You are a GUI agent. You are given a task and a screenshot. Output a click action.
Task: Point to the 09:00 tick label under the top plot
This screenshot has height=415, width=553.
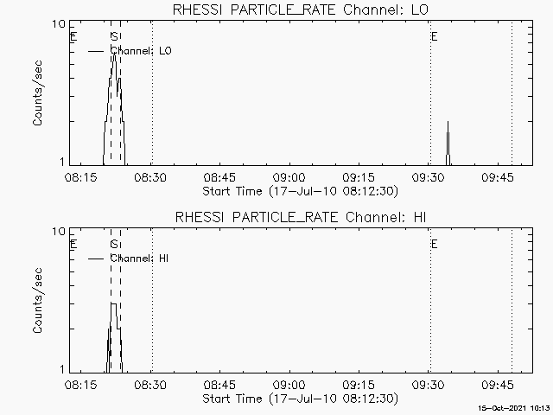[x=289, y=176]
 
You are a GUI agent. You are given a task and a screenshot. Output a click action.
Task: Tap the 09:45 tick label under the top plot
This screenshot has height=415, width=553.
[x=499, y=176]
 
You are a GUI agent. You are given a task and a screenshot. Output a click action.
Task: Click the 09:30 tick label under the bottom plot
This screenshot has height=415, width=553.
[x=429, y=384]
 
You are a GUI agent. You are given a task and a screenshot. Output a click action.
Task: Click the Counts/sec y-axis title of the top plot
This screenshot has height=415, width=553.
[x=38, y=93]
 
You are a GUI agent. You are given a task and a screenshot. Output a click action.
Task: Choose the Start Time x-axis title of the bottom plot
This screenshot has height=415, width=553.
[x=298, y=399]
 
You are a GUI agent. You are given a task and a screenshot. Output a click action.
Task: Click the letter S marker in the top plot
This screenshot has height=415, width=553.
[x=114, y=37]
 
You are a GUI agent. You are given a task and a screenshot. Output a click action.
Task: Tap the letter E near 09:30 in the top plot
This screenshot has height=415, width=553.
[x=434, y=37]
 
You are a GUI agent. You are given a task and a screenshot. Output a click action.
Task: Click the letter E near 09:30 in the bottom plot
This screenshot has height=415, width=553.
[x=434, y=245]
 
